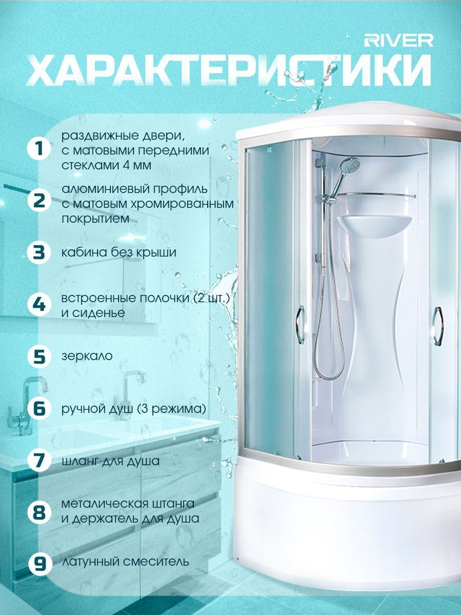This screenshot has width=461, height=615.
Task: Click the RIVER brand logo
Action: point(399,41)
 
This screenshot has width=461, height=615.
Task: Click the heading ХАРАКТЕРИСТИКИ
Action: point(228,71)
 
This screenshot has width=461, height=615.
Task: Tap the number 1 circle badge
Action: point(39,149)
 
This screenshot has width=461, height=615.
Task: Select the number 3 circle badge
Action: point(39,252)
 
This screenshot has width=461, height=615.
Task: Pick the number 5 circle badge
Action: point(39,356)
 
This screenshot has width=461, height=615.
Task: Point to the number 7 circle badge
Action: point(39,461)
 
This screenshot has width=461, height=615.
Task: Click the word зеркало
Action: point(87,356)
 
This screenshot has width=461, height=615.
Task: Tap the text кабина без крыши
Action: point(119,252)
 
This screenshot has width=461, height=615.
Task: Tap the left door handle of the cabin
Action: point(301,325)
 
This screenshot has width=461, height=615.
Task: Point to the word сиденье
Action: point(93,313)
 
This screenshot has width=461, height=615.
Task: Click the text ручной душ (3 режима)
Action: point(134,409)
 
